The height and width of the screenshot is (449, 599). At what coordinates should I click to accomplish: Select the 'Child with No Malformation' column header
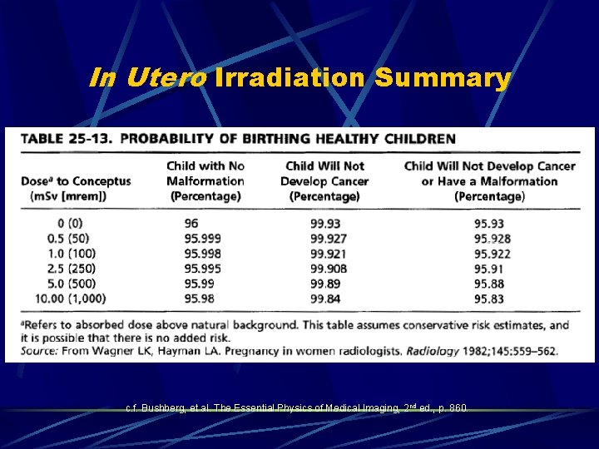pos(205,180)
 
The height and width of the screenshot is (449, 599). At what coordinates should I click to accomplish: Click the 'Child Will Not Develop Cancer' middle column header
pos(324,180)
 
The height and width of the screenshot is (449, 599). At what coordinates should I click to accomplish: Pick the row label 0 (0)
pos(72,224)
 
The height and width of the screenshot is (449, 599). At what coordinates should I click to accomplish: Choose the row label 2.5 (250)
pos(72,269)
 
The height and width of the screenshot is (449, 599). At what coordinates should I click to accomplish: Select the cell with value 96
pos(191,224)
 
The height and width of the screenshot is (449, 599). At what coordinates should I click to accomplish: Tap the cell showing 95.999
pos(202,239)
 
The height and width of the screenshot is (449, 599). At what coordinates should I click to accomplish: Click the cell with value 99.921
pos(328,254)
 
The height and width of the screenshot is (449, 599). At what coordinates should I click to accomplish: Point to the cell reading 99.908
pos(328,269)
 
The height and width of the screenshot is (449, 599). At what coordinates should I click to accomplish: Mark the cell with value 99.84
pos(324,299)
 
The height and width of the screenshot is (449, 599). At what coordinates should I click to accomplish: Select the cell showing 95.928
pos(493,239)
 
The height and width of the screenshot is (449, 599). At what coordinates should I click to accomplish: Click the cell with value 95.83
pos(489,299)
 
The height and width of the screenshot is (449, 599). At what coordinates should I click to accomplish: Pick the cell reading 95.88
pos(489,284)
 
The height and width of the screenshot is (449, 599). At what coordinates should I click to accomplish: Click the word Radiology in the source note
pos(433,352)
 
